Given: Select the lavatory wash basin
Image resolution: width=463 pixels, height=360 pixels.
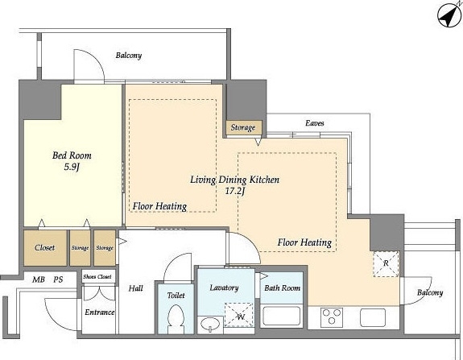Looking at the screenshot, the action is (210, 325).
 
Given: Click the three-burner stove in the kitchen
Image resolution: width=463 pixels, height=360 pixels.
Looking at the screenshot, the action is (331, 317).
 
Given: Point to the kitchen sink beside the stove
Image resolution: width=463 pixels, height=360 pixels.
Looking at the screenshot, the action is (373, 317).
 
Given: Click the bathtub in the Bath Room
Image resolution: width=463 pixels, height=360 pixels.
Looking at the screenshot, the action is (281, 317).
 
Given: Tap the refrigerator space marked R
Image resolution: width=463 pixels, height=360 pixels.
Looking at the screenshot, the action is (386, 263).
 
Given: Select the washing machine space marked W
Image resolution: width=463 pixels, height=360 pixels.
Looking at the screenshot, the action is (239, 315).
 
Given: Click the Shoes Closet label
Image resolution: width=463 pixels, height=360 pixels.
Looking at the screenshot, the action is (97, 277).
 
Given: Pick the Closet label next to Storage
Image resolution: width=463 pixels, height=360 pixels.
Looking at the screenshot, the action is (44, 247).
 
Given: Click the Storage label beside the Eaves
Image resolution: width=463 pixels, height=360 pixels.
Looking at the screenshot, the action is (243, 127).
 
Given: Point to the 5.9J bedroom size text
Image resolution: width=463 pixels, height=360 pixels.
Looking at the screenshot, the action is (72, 168).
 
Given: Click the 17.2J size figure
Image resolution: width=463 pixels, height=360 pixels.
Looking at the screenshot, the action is (235, 191).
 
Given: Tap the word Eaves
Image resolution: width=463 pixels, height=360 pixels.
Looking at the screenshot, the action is (315, 123).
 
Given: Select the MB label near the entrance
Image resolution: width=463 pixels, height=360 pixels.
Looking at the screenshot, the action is (39, 279).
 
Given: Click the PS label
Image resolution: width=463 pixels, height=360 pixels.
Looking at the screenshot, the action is (58, 279).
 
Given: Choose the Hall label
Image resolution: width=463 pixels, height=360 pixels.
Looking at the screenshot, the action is (135, 288).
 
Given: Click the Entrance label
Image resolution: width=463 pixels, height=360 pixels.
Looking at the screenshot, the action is (100, 312).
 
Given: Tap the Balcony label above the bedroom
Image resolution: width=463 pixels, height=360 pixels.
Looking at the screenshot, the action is (129, 56).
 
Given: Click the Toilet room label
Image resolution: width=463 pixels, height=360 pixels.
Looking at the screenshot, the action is (176, 295).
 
